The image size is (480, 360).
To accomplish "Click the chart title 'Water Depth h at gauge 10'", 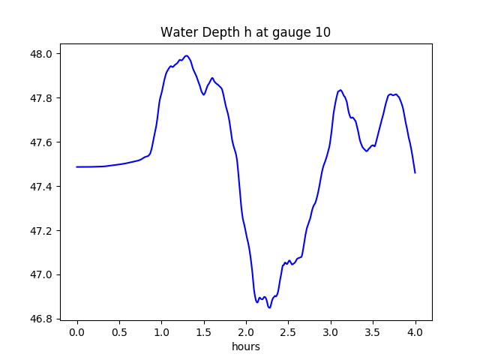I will click(246, 32).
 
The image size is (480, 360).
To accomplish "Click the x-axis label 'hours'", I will click(246, 346).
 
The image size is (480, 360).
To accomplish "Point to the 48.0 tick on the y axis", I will click(41, 54).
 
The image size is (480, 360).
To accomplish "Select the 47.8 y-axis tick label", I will click(41, 98).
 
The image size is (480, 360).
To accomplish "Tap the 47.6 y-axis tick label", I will click(41, 142).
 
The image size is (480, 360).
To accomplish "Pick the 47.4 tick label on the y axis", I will click(41, 186).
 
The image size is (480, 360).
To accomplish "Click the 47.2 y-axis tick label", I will click(41, 230).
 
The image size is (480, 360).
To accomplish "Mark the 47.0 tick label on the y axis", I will click(41, 274).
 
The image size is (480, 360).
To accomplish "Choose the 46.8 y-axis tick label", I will click(41, 319).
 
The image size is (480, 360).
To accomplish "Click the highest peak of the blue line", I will click(186, 55).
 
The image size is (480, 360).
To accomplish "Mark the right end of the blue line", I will click(415, 173).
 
